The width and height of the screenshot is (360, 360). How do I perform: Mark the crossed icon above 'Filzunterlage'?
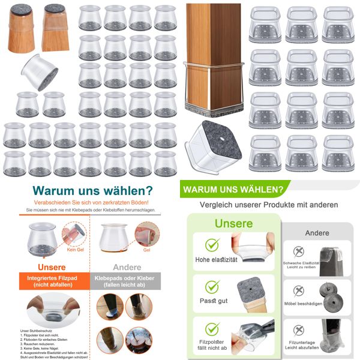point(298,328)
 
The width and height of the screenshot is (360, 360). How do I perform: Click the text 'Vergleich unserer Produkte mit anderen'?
point(269,205)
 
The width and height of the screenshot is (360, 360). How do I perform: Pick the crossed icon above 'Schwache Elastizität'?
point(298,250)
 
